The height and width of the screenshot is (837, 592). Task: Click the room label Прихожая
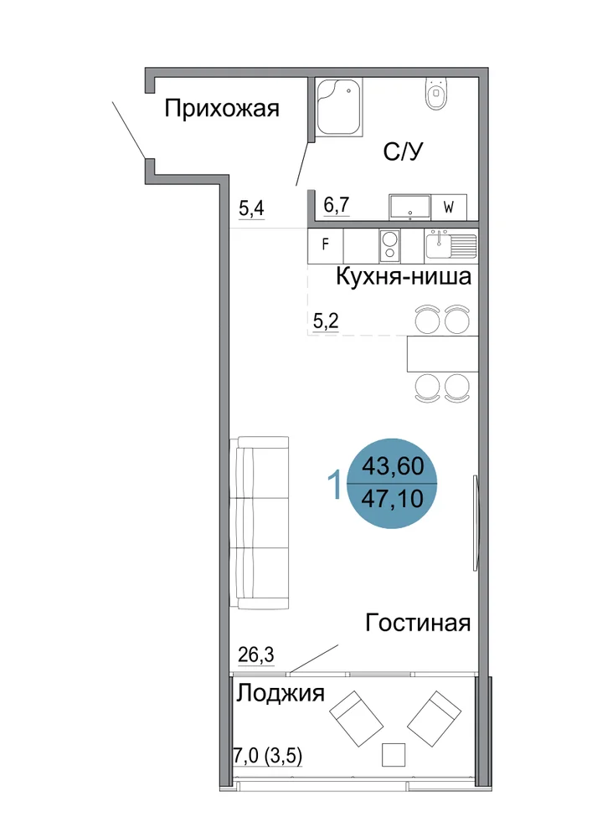222,109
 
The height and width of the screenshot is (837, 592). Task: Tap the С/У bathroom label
403,151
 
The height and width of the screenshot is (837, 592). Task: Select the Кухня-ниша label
404,276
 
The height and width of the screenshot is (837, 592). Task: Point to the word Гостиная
418,623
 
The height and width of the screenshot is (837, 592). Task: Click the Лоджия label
281,693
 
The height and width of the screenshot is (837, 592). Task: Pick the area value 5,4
251,208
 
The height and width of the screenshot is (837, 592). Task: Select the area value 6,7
337,205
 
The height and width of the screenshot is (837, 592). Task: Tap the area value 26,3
256,654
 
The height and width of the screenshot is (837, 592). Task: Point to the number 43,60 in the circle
393,466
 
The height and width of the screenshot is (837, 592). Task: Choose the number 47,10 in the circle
393,499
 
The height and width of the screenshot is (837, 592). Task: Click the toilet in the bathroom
436,94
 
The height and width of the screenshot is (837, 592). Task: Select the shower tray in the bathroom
338,108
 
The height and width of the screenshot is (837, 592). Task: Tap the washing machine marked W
449,207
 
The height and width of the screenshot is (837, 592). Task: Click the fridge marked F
325,245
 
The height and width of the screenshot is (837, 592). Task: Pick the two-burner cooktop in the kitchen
389,245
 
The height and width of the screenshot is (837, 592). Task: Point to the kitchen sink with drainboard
451,245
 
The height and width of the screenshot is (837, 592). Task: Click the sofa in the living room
260,522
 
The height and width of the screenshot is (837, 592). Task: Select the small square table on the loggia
394,755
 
